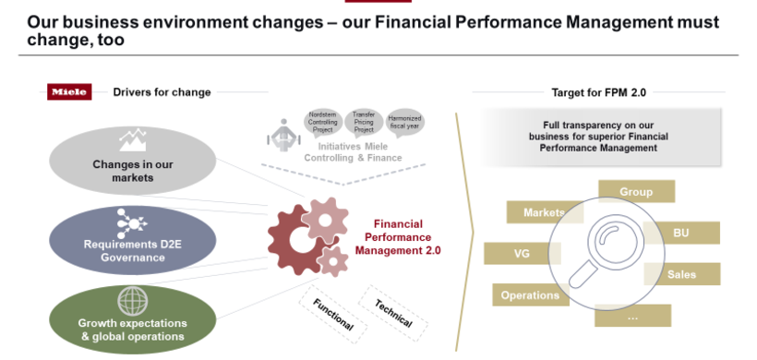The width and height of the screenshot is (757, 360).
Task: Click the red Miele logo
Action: pos(69,91)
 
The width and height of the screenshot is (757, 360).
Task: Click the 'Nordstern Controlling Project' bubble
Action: pos(322,122)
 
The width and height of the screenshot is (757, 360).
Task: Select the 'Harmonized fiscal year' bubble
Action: pos(405,122)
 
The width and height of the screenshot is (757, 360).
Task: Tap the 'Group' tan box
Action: pos(636,192)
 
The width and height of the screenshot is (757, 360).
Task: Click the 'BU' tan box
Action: pos(681,233)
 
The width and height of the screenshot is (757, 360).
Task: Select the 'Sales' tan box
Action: pos(681,274)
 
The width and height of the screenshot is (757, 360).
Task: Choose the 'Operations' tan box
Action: pos(530,295)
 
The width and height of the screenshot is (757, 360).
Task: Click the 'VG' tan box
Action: pos(521,252)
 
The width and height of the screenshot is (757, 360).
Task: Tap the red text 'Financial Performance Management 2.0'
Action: pos(407,237)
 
